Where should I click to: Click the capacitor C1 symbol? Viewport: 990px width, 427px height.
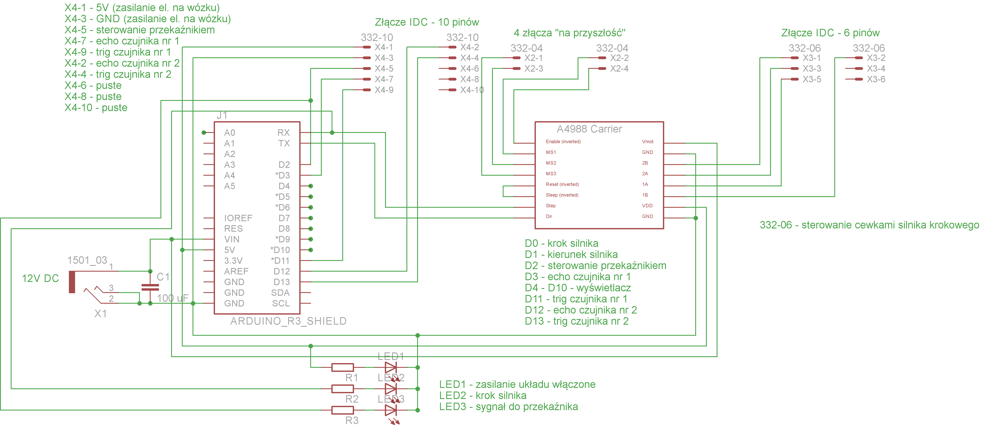(x=150, y=287)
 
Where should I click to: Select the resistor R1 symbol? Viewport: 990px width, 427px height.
(x=342, y=368)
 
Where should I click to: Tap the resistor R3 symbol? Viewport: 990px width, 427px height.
(x=342, y=410)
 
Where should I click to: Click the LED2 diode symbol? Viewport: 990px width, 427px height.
(x=390, y=389)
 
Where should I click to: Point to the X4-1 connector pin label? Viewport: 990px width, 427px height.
(x=384, y=47)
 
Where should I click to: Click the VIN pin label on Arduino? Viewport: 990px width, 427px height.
(x=232, y=239)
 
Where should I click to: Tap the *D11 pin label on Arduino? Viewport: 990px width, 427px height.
(x=280, y=261)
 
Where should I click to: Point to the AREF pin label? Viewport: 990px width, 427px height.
(x=236, y=271)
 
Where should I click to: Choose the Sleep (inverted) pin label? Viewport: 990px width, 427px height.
(x=562, y=195)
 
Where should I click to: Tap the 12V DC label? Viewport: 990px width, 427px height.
(x=40, y=278)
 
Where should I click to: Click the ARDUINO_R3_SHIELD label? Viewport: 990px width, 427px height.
(x=288, y=321)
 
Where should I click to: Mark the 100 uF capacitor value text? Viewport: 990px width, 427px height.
(x=173, y=298)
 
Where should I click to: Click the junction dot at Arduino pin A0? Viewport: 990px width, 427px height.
(x=204, y=133)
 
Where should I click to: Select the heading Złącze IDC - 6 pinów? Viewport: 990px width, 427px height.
(x=830, y=33)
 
